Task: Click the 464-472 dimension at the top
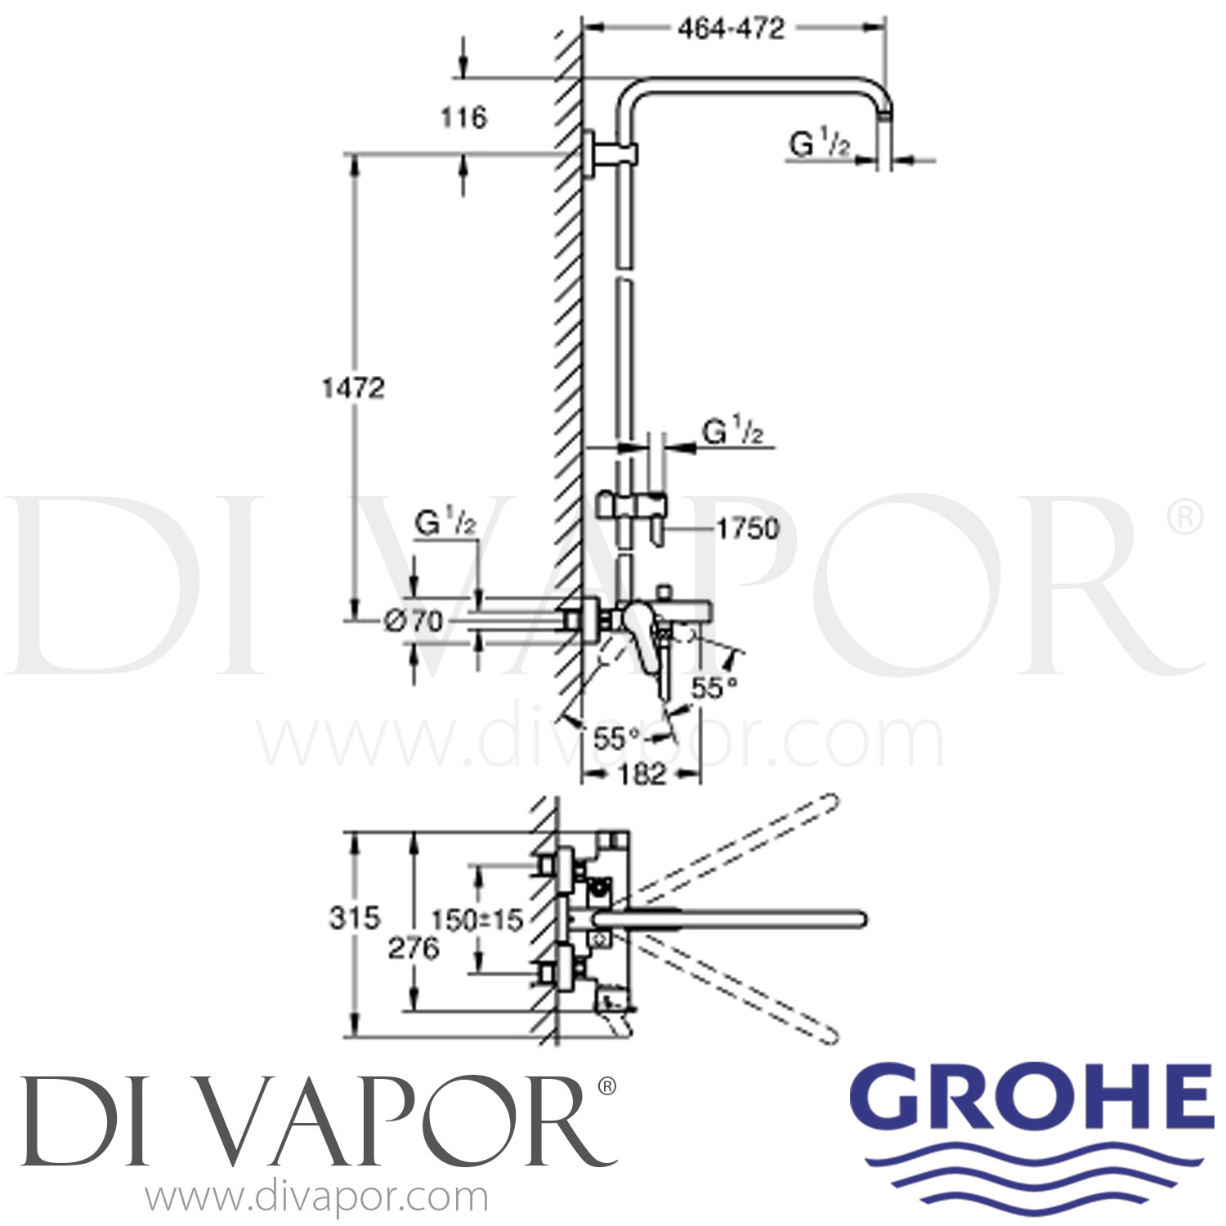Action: (731, 29)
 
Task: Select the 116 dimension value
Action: (463, 118)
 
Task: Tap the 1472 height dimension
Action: (352, 387)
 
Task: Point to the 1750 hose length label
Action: (747, 529)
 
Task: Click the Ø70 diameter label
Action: (414, 621)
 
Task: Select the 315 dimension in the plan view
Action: (355, 918)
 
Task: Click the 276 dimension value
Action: (414, 949)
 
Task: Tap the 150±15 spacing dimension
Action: (477, 920)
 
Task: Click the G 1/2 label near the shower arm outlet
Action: (820, 145)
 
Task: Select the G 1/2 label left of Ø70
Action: (445, 522)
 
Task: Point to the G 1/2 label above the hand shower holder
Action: (732, 432)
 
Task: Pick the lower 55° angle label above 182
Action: (616, 739)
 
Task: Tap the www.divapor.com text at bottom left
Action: (316, 1199)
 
